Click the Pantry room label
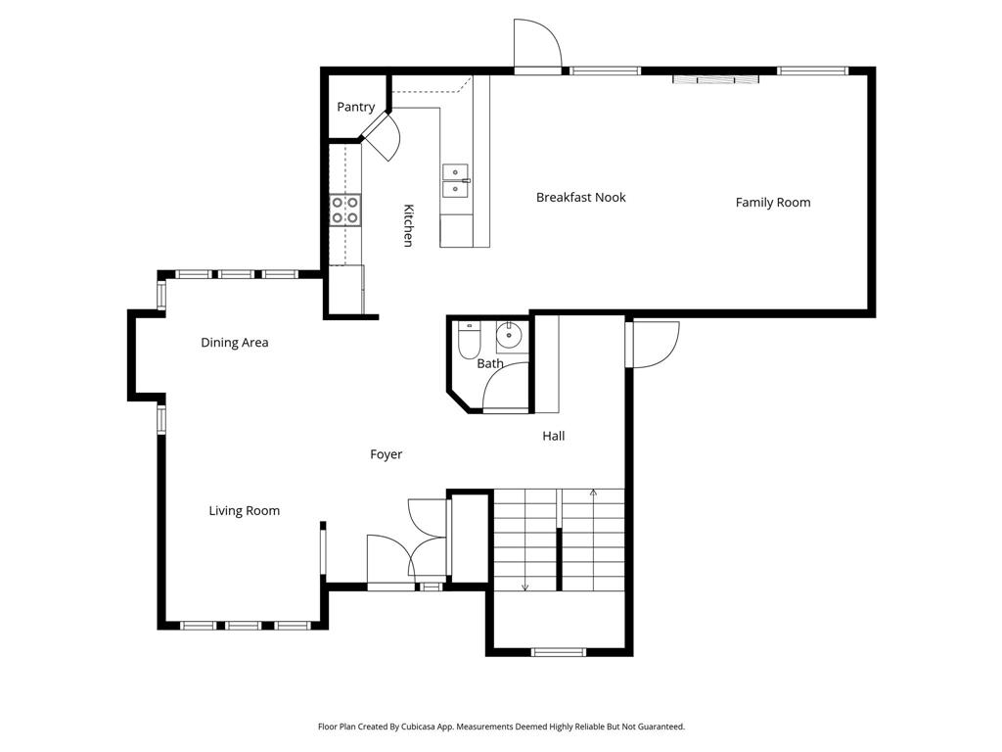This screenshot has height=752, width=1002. coord(356,107)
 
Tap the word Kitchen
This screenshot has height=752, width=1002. coord(408,225)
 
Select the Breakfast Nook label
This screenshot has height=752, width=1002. coord(581,197)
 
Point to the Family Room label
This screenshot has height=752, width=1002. coord(773,203)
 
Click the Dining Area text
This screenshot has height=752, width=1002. coord(235,342)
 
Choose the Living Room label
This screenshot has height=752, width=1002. coord(244,511)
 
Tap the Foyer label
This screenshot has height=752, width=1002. coord(386,454)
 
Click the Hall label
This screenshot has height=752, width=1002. coord(554,436)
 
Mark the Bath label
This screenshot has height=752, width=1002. coord(490,363)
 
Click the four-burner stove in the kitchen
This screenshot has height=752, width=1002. coord(345,210)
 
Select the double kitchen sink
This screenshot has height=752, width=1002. coord(456,181)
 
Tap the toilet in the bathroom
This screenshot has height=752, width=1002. coord(469,339)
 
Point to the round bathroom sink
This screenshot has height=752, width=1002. coord(509,334)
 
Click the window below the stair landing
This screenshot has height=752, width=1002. coord(559,652)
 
